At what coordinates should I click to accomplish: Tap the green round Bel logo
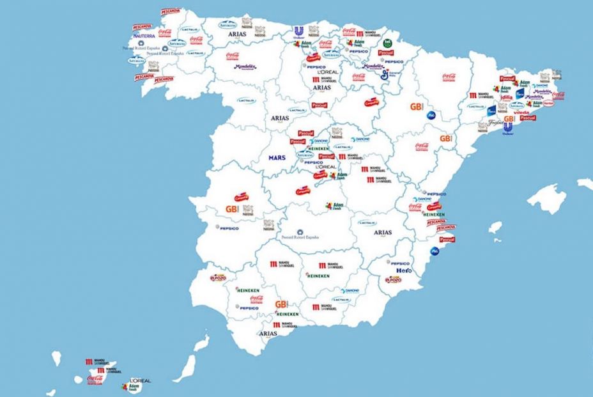[x=387, y=43]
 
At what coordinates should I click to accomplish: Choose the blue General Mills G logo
[x=384, y=75]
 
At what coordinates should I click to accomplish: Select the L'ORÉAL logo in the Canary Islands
[x=140, y=380]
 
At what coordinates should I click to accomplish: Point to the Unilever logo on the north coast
[x=298, y=32]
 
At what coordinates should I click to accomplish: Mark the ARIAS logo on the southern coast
[x=268, y=333]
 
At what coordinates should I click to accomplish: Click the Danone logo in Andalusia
[x=341, y=299]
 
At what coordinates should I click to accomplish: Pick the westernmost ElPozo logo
[x=219, y=278]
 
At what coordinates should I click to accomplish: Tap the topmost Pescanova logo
[x=171, y=12]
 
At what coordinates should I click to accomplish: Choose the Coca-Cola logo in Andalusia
[x=257, y=299]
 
